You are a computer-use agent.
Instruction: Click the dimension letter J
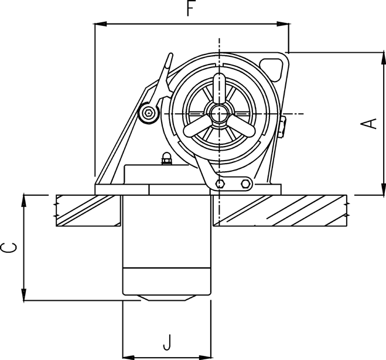tap(167, 342)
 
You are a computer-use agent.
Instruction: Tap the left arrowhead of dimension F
tap(100, 24)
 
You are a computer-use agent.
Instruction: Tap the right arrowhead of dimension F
tap(282, 24)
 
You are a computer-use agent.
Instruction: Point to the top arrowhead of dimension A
tap(383, 59)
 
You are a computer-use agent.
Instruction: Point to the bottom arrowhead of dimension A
tap(383, 189)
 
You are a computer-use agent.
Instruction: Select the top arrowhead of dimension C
tap(23, 201)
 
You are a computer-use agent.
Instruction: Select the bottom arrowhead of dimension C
tap(23, 295)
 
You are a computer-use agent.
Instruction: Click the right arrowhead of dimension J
tap(205, 357)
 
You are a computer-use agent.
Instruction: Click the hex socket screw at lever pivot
tap(148, 113)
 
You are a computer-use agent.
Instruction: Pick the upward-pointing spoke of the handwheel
tap(219, 88)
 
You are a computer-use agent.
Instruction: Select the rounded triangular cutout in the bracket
tap(272, 69)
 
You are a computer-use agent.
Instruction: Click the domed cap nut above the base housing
tap(166, 158)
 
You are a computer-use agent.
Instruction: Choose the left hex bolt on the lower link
tap(219, 184)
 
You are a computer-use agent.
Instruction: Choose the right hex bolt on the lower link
tap(245, 184)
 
